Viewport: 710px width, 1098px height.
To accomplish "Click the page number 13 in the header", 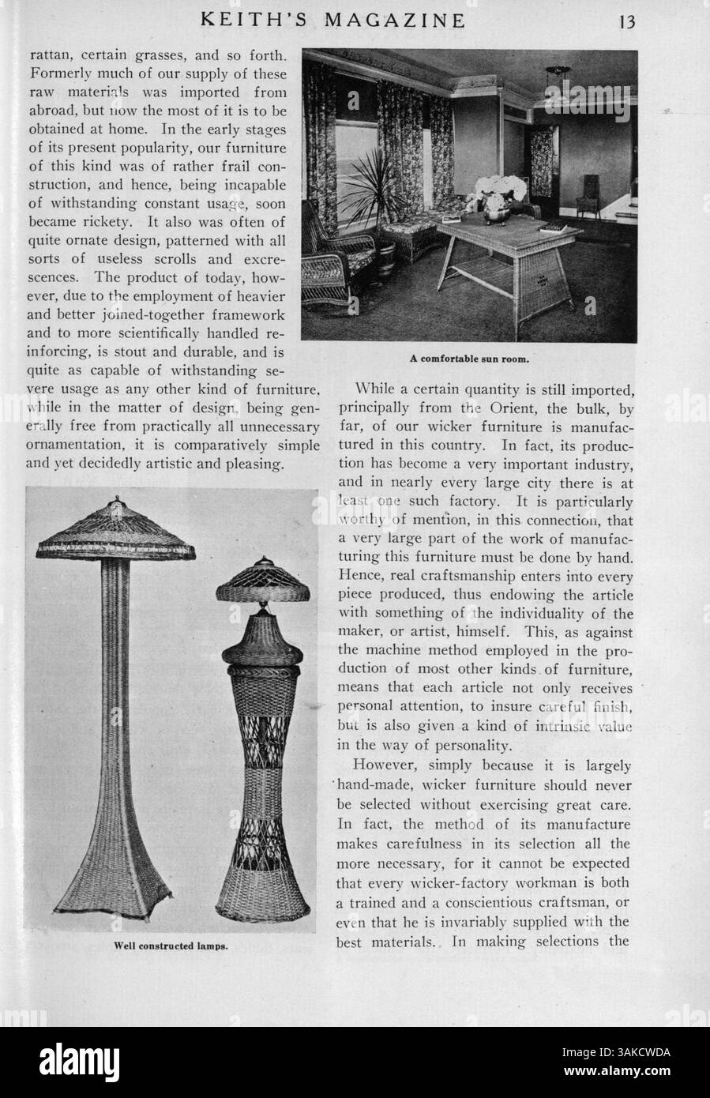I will [627, 21].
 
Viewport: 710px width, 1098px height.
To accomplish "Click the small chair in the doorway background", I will [588, 197].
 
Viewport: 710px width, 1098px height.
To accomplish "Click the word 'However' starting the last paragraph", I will [387, 765].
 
